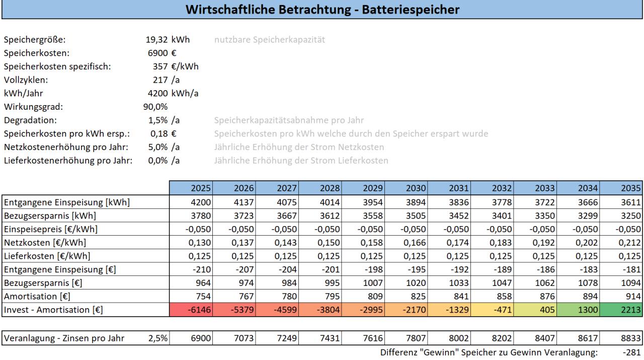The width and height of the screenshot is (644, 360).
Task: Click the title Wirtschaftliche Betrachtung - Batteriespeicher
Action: pyautogui.click(x=321, y=9)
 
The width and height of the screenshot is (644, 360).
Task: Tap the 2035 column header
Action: pyautogui.click(x=630, y=188)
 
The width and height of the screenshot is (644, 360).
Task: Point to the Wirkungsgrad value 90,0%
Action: pyautogui.click(x=155, y=106)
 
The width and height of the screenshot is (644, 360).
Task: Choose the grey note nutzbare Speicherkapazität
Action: pyautogui.click(x=269, y=39)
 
